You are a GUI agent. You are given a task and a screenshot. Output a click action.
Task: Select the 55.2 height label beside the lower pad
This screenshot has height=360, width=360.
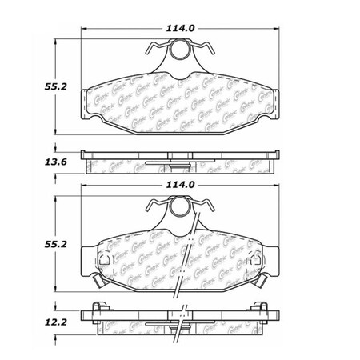coord(30,250)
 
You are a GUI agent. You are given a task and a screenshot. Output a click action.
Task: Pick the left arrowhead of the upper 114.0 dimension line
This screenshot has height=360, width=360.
coord(86,36)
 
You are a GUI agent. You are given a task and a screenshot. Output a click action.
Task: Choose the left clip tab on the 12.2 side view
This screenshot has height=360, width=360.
coord(99,307)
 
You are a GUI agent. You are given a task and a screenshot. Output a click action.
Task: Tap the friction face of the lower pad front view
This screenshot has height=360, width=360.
coord(144,260)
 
